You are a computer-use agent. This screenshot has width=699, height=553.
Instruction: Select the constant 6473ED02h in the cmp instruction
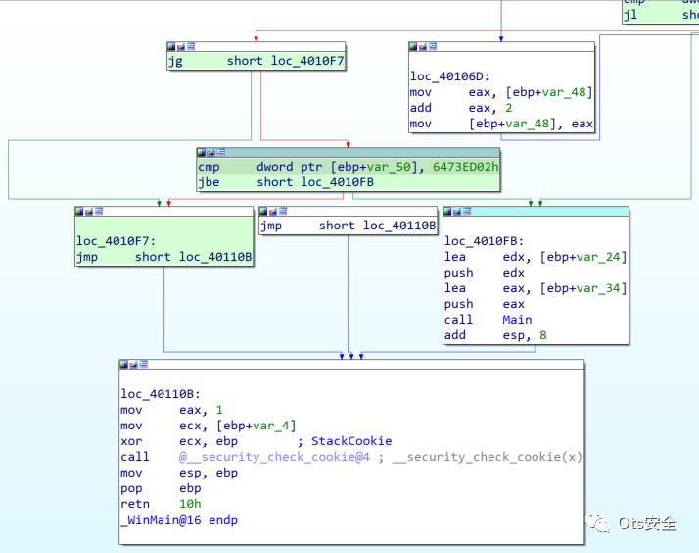(465, 167)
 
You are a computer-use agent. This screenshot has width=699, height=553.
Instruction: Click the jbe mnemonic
(209, 182)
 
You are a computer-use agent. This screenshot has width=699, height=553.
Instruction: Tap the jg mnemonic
(175, 61)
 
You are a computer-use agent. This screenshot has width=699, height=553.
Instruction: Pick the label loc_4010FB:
(484, 241)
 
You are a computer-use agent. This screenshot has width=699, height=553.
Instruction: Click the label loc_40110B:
(160, 394)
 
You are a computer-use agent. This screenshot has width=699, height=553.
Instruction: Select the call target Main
(517, 320)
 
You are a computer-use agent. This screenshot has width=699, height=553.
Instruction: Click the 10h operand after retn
(190, 504)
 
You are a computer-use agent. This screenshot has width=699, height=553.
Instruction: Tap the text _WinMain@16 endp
(178, 520)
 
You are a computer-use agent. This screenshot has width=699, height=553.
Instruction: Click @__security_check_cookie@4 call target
(274, 457)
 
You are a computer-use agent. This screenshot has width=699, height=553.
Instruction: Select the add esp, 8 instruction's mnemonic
(455, 335)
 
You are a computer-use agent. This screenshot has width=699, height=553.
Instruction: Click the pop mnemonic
(131, 488)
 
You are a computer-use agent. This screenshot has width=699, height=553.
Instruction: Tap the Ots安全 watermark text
(647, 523)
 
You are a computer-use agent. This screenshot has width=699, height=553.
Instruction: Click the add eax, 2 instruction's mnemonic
(421, 108)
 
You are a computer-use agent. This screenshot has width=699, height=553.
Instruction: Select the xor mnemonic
(131, 441)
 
